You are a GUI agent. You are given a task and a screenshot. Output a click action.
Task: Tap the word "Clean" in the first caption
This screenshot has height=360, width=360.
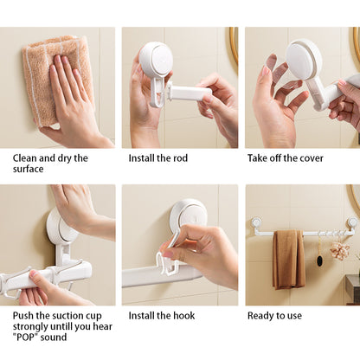tap(25, 158)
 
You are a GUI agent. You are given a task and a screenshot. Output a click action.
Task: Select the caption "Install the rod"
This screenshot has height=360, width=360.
tap(158, 158)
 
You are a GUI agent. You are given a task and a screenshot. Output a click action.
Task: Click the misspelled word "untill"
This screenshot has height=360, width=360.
tap(61, 326)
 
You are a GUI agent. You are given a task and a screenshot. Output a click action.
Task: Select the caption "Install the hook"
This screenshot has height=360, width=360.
tap(162, 316)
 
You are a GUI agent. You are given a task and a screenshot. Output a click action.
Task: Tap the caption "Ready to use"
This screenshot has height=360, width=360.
tap(274, 316)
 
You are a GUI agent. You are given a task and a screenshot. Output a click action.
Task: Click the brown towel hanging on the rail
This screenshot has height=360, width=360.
tap(289, 259)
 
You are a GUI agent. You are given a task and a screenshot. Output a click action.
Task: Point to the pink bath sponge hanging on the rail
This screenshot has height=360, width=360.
tap(340, 250)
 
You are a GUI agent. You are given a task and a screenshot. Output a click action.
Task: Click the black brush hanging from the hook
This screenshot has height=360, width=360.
tap(319, 260)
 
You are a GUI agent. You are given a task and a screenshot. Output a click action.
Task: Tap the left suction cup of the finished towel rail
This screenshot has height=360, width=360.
tap(256, 222)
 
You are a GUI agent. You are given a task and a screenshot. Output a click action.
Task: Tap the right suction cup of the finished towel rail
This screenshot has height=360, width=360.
tap(352, 222)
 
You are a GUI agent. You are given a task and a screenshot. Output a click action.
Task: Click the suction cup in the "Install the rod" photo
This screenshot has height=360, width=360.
tap(156, 59)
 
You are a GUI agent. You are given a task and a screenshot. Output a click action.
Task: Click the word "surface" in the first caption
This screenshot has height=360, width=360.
tap(28, 169)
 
